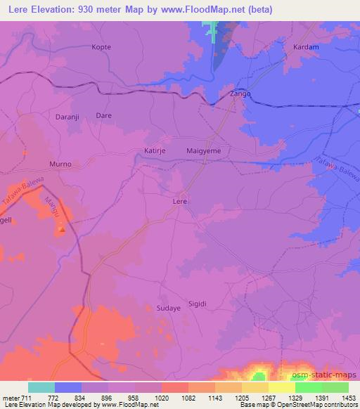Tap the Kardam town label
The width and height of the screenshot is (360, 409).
pos(305,47)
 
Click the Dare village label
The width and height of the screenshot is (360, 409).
pos(103,115)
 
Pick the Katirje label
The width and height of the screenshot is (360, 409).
pos(155,150)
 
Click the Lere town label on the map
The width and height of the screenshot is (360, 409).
pos(180,201)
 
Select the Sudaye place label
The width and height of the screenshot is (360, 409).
pos(168,308)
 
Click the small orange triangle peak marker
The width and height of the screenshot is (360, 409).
pos(62,228)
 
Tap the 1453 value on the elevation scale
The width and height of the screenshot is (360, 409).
pos(348,398)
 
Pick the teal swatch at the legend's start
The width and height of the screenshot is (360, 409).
pos(41,387)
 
